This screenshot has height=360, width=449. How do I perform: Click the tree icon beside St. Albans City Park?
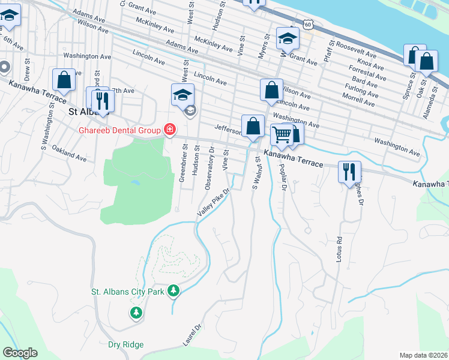pos(173,291)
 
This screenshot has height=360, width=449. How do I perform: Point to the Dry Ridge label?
pos(125,345)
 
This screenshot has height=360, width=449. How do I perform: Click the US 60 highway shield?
pos(308,24)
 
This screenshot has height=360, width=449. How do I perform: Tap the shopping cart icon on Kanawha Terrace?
pos(282,134)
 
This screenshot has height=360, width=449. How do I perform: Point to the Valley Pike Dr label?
pos(214,204)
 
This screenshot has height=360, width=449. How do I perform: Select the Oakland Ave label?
pos(69,152)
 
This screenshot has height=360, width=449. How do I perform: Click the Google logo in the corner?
pos(20,353)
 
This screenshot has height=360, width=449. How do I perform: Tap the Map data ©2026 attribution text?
pos(423,355)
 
